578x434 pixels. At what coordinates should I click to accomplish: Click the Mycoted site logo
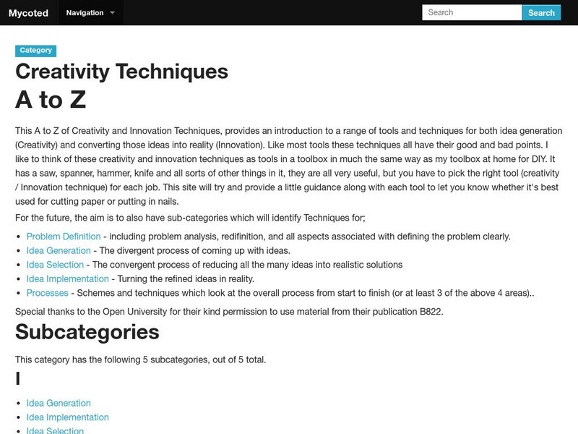(x=27, y=12)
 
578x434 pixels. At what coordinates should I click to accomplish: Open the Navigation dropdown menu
(x=90, y=12)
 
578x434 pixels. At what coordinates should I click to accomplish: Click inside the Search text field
(x=471, y=12)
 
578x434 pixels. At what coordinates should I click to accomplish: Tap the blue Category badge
(x=35, y=51)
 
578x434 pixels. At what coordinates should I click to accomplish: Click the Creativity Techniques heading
(x=121, y=72)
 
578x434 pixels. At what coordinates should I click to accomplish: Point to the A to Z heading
(x=51, y=100)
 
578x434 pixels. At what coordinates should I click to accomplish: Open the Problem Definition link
(x=64, y=236)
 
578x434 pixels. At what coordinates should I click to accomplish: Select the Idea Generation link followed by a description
(x=59, y=250)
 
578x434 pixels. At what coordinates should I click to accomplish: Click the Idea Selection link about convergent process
(x=55, y=265)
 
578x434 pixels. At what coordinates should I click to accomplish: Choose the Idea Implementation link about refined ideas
(x=67, y=278)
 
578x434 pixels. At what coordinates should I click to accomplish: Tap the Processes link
(x=47, y=293)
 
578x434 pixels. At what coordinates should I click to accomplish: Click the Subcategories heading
(x=87, y=332)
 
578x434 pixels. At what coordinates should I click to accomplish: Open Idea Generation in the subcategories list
(x=59, y=403)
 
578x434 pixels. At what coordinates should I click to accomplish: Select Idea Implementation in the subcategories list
(x=67, y=417)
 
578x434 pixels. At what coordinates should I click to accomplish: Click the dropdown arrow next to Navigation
(x=112, y=12)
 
